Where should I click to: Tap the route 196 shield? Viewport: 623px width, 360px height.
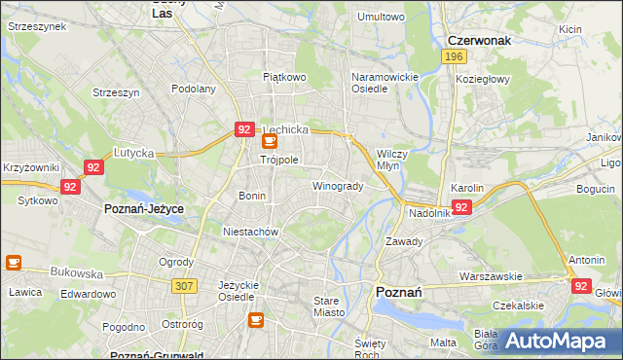tap(452, 57)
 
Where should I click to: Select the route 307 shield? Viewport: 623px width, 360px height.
tap(183, 285)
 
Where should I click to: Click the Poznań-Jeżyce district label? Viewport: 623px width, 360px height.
tap(144, 209)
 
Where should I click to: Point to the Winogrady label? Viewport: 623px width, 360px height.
tap(338, 186)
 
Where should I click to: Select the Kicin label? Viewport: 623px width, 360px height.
tap(571, 29)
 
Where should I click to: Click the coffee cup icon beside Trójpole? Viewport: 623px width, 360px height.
tap(270, 141)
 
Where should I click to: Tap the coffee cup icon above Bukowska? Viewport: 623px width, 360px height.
tap(14, 262)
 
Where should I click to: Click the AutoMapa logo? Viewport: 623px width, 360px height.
tap(555, 340)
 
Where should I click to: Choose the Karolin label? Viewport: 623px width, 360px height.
tap(467, 187)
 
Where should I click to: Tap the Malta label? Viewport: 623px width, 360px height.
tap(443, 342)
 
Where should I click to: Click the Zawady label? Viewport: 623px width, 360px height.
tap(403, 241)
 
